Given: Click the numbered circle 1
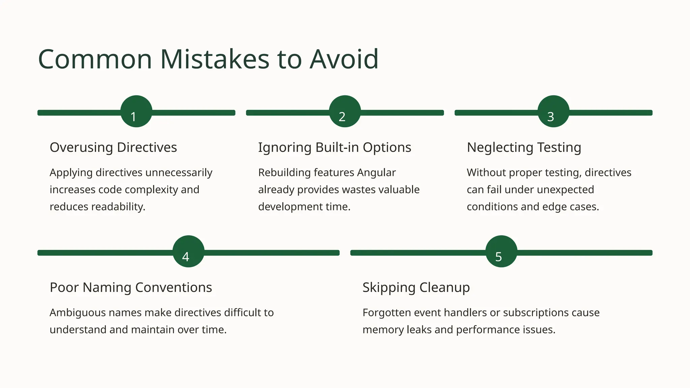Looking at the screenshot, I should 136,111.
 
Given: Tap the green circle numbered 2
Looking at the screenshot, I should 345,111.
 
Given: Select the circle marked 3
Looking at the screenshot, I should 553,111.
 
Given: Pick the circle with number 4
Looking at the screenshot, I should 188,251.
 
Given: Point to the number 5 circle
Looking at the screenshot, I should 501,251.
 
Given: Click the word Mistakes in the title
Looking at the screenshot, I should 215,59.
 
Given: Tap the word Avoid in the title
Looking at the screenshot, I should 344,59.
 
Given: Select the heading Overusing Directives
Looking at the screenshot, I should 113,148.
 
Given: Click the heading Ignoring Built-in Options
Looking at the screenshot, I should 335,148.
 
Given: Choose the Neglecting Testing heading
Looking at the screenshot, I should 524,148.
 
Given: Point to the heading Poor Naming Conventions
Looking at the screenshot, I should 131,288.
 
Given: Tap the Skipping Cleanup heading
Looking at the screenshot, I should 416,288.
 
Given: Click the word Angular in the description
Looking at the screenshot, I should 376,172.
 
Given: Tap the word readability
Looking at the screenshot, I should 121,206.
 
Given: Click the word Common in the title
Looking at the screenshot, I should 95,59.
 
